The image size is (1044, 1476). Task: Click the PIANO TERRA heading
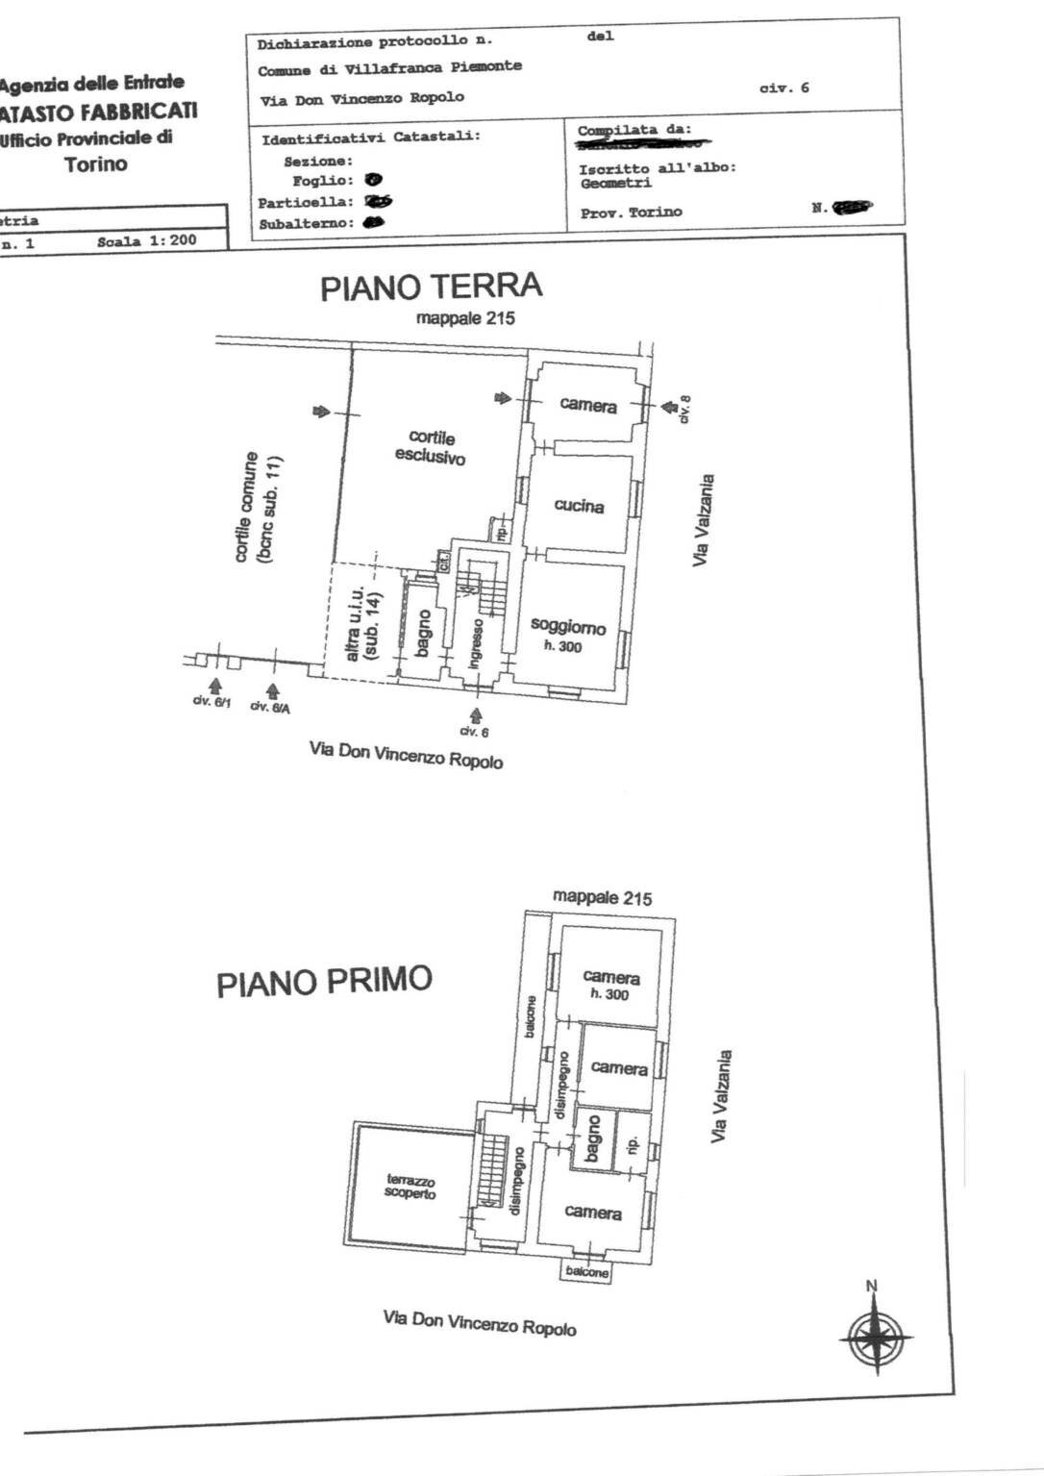point(432,287)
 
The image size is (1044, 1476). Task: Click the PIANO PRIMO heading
point(324,982)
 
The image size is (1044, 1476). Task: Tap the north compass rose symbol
point(875,1336)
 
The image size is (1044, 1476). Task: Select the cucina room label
point(579,506)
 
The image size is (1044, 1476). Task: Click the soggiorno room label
point(568,627)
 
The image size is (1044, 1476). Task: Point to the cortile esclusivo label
point(431,448)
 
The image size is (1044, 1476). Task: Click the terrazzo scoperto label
point(410,1187)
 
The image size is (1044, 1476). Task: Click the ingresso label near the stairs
point(476,643)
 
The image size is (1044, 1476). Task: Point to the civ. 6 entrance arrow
point(475,714)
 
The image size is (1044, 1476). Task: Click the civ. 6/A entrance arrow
point(272,690)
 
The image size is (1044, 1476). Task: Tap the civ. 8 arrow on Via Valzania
point(665,408)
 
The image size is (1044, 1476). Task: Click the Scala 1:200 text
point(146,241)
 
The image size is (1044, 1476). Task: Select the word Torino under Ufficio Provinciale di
point(96,163)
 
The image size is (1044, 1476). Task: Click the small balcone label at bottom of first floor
point(586,1272)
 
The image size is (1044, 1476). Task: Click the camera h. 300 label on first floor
point(610,985)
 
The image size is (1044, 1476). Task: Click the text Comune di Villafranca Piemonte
point(389,68)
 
